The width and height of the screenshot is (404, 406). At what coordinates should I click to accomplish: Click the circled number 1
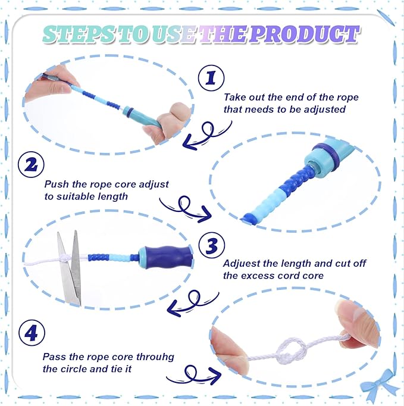coord(211,78)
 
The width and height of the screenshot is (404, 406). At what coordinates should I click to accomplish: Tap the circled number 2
coord(32,164)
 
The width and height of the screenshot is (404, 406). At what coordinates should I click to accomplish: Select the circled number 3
coord(212,245)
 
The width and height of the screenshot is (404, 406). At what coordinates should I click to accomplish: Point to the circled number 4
coord(32,333)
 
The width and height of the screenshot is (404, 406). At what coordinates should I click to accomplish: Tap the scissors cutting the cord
coord(70,267)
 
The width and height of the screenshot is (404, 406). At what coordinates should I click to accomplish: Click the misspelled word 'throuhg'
coord(155,358)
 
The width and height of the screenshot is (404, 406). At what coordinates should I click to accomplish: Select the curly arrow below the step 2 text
coord(186,209)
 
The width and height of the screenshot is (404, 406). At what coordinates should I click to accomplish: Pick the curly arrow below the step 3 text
coord(193,302)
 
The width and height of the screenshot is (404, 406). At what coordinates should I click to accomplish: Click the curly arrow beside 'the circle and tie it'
coord(193,374)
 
